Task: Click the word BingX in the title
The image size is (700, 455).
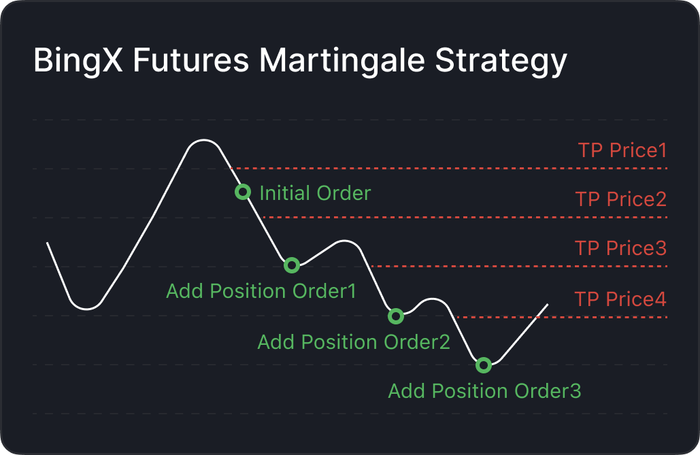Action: tap(78, 61)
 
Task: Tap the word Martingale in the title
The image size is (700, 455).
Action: tap(341, 61)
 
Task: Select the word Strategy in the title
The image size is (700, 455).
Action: tap(501, 61)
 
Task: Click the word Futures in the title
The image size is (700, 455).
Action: tap(191, 60)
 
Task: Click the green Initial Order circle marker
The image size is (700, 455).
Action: tap(243, 192)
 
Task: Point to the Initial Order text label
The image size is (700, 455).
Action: tap(315, 193)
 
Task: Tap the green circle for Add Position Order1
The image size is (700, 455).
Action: tap(292, 265)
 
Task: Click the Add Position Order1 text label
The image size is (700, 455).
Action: tap(261, 291)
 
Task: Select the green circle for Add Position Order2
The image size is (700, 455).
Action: tap(396, 316)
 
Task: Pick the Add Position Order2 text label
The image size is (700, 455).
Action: tap(354, 342)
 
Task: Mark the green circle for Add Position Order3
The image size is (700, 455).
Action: tap(484, 365)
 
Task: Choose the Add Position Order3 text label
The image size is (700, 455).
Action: tap(484, 391)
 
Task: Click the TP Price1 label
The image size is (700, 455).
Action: tap(622, 150)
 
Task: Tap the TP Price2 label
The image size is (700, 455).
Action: tap(621, 199)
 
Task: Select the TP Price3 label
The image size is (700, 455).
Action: tap(620, 248)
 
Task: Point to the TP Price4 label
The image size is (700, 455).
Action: tap(620, 299)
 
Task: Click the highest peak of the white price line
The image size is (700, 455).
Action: tap(203, 140)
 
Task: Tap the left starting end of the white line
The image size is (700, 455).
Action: tap(48, 243)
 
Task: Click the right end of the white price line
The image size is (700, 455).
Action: tap(548, 305)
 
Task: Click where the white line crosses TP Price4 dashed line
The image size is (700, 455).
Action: tap(537, 317)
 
